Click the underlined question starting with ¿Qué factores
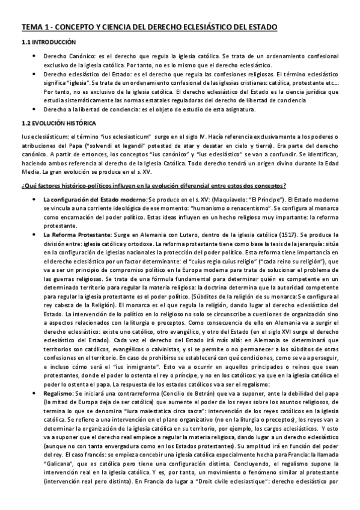pos(153,184)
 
